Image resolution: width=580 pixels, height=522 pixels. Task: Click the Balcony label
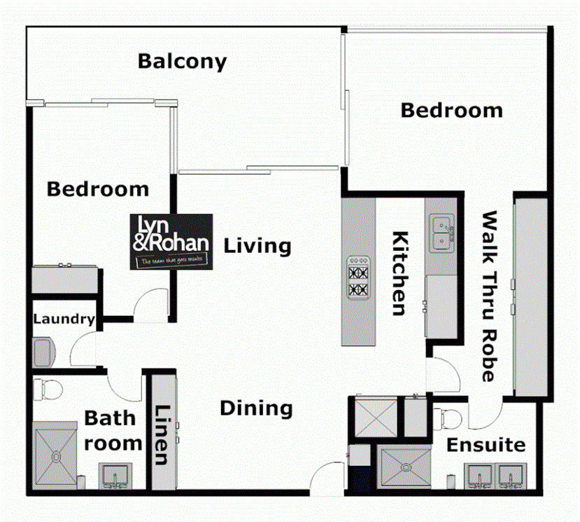click(x=182, y=61)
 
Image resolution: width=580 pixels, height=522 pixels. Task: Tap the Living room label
click(x=257, y=246)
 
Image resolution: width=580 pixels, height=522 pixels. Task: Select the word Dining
click(x=256, y=408)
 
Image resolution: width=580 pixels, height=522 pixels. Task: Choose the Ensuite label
click(x=486, y=445)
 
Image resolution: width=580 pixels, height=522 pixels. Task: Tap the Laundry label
click(x=64, y=320)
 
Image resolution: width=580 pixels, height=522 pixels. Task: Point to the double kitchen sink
click(x=441, y=233)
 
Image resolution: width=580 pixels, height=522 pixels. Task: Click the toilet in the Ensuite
click(x=448, y=418)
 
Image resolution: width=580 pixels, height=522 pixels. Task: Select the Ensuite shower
click(x=404, y=467)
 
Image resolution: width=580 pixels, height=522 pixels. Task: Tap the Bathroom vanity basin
click(x=113, y=477)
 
